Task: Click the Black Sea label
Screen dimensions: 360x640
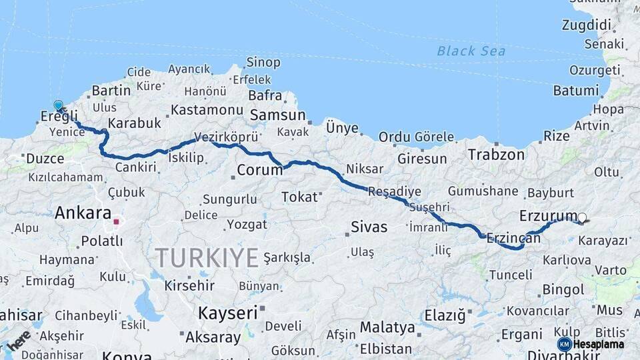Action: [x=471, y=51]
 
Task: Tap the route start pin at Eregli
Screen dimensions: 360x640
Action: [x=59, y=106]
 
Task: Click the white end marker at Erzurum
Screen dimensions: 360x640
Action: [x=582, y=217]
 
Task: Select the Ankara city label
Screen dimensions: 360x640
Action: [x=83, y=213]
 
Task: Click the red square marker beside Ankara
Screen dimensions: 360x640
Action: [x=116, y=222]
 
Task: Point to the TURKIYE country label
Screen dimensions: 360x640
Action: [x=207, y=257]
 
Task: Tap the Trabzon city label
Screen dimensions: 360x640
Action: [x=496, y=155]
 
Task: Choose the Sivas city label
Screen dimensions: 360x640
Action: [x=369, y=227]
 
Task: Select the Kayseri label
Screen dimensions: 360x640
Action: [x=229, y=313]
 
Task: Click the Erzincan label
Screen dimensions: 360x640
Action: [x=513, y=237]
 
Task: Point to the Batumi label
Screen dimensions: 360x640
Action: [x=576, y=91]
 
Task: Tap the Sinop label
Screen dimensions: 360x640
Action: [x=263, y=63]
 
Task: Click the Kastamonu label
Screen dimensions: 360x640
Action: [x=207, y=109]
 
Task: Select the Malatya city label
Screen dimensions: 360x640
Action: [x=387, y=328]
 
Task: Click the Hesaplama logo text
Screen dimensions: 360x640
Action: [x=598, y=344]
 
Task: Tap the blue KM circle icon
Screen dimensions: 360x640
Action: [x=564, y=344]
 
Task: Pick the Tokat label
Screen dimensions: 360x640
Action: [x=299, y=197]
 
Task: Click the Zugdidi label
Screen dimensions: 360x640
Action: [x=586, y=25]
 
